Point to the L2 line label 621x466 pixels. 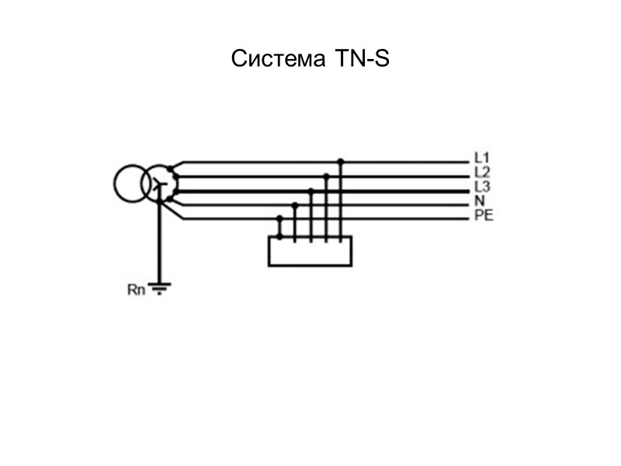(481, 173)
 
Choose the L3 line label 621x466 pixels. (481, 187)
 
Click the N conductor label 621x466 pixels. (479, 201)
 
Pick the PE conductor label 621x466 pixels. (483, 215)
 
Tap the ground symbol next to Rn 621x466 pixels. (159, 289)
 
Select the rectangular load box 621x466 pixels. (310, 252)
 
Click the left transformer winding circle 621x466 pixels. (130, 185)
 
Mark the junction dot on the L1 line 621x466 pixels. (341, 162)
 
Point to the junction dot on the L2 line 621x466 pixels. (326, 176)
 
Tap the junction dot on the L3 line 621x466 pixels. (310, 190)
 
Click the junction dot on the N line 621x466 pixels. (295, 205)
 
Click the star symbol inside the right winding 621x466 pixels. (158, 185)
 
